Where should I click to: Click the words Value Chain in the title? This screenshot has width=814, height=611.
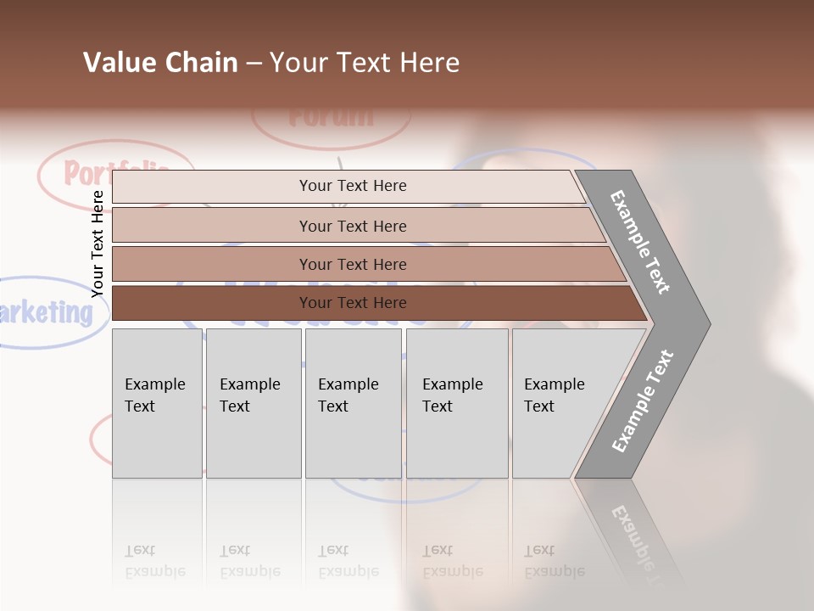click(x=160, y=63)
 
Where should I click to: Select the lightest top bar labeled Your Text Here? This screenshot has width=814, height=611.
click(x=352, y=186)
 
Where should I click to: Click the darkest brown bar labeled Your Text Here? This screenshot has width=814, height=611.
click(x=352, y=303)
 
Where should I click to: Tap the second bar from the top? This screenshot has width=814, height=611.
click(x=352, y=226)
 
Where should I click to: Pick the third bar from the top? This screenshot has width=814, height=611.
click(x=352, y=264)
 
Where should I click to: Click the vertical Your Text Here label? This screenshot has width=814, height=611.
click(x=98, y=244)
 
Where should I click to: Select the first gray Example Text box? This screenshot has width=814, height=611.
click(x=157, y=403)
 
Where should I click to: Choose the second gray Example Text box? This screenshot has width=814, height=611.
click(x=253, y=403)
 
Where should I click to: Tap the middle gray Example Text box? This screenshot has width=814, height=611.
click(x=352, y=403)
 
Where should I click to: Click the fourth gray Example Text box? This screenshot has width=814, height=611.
click(x=456, y=403)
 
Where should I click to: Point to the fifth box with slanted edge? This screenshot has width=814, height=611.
click(x=560, y=403)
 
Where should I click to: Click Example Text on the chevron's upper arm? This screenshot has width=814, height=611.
click(x=640, y=242)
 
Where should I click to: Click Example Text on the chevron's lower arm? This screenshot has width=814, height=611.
click(x=642, y=401)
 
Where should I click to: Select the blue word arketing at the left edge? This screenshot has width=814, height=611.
click(x=47, y=313)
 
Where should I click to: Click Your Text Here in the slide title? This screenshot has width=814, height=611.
click(x=365, y=63)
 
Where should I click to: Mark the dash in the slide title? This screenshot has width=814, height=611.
click(x=254, y=64)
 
